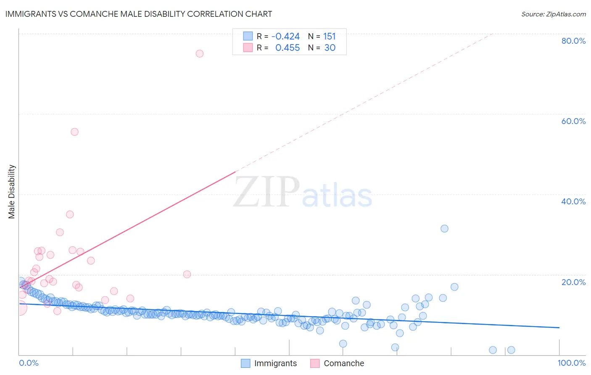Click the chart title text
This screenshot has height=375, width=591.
[x=139, y=14]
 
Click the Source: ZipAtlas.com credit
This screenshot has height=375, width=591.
[x=553, y=14]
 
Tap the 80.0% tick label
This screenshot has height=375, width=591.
[x=573, y=41]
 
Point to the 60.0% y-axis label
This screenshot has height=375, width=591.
[x=573, y=121]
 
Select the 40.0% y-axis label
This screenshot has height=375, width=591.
[x=573, y=201]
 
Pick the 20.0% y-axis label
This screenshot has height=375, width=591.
[x=573, y=282]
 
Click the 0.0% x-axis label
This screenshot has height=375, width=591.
[x=29, y=363]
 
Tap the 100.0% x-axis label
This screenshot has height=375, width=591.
[x=572, y=363]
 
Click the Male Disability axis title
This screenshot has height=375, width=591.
[x=12, y=191]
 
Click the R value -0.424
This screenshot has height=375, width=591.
[x=285, y=37]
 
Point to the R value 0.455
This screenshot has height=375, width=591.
[x=288, y=48]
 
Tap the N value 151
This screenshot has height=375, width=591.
[x=329, y=37]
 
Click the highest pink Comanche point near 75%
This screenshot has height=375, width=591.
[x=200, y=53]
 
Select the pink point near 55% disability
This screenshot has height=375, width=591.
[x=74, y=132]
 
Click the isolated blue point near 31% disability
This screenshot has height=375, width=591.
[x=444, y=229]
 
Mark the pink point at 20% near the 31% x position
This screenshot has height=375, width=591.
[x=187, y=274]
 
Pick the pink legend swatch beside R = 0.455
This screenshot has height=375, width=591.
[x=248, y=48]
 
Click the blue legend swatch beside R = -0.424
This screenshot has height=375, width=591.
[x=248, y=36]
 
